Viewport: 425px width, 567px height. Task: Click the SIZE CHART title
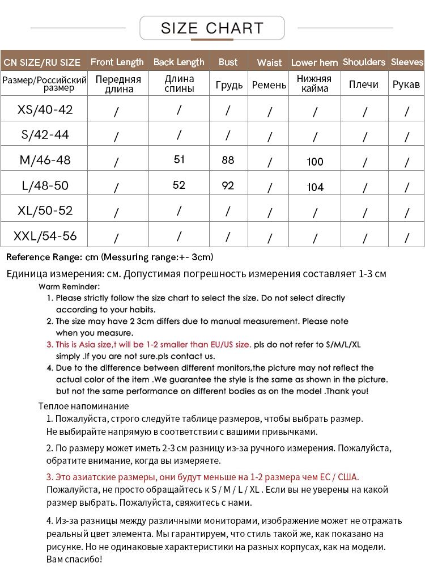[x=212, y=28]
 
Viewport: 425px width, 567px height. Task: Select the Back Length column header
[x=178, y=62]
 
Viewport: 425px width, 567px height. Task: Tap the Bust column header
[x=228, y=62]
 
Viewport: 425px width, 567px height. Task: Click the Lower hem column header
[x=314, y=62]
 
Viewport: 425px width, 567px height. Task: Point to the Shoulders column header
[x=364, y=62]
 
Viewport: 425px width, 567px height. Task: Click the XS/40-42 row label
[x=45, y=109]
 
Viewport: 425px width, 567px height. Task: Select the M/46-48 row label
[x=45, y=160]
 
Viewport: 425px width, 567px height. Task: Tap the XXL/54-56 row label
[x=45, y=235]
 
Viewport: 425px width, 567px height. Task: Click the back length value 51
[x=179, y=160]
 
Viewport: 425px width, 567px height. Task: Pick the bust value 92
[x=228, y=185]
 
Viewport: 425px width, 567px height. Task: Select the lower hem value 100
[x=315, y=162]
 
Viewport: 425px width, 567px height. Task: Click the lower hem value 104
[x=315, y=187]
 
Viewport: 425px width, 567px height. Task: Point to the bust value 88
[x=228, y=160]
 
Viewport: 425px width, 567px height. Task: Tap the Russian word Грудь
[x=229, y=84]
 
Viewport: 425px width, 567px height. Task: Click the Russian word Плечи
[x=364, y=84]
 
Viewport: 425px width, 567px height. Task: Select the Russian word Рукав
[x=406, y=84]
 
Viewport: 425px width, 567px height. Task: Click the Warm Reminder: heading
[x=70, y=287]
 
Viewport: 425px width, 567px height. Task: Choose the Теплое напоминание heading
[x=83, y=406]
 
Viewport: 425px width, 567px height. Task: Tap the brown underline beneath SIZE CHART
[x=212, y=40]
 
